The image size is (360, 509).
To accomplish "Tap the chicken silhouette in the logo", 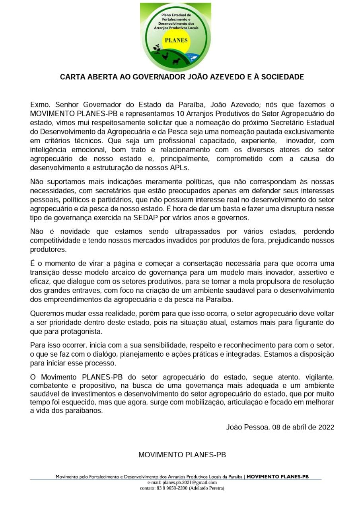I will [165, 56].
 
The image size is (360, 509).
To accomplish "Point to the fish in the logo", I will [194, 58].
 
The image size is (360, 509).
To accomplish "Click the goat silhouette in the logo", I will [176, 61].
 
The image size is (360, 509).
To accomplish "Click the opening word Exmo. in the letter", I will [41, 105].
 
